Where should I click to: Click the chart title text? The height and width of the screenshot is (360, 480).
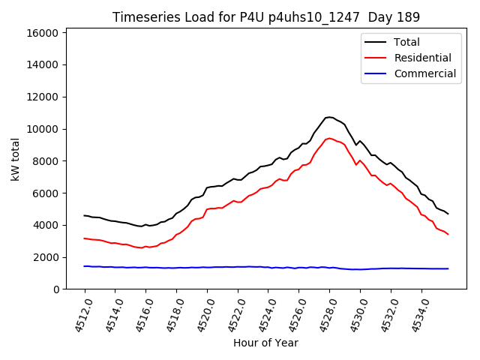coord(265,17)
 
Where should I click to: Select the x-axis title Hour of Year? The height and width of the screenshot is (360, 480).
coord(265,343)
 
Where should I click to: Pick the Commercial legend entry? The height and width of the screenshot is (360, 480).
coord(424,73)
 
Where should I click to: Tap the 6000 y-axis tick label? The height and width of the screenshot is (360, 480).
coord(46,193)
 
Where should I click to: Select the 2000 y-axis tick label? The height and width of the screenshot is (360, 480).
coord(46,257)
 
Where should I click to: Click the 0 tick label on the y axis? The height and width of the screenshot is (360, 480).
coord(56,289)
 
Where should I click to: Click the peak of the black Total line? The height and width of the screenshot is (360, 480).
coord(329,117)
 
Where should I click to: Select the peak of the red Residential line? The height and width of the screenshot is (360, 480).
coord(329,138)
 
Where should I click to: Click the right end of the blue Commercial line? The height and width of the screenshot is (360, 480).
coord(448,268)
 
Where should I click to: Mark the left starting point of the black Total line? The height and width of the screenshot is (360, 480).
coord(85,215)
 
